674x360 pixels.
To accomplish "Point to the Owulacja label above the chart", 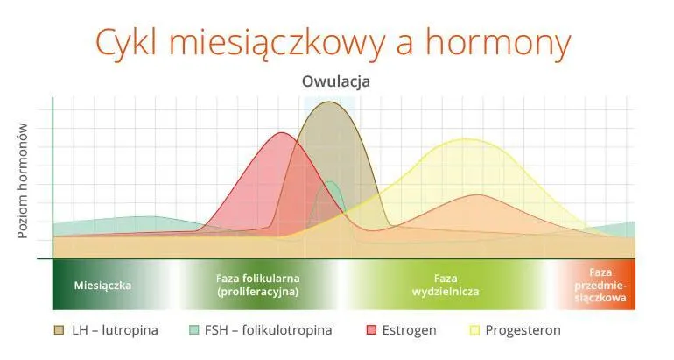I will (336, 81).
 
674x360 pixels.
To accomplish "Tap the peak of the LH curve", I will (330, 102).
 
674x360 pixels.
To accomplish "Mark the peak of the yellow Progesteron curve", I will (464, 139).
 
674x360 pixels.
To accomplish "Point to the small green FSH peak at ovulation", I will (331, 182).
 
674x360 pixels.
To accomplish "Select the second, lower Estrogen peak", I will (477, 195).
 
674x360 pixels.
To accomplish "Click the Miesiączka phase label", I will (102, 286).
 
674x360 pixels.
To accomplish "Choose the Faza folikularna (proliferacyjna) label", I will (258, 285).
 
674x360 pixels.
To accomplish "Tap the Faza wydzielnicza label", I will (446, 285).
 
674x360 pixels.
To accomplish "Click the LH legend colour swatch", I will (60, 330).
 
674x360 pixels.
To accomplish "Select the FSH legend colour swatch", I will (194, 330).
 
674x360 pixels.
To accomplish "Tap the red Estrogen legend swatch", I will (371, 330).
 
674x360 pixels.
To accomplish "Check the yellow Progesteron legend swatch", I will (476, 330).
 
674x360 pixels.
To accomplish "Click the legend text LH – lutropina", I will (116, 330).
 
